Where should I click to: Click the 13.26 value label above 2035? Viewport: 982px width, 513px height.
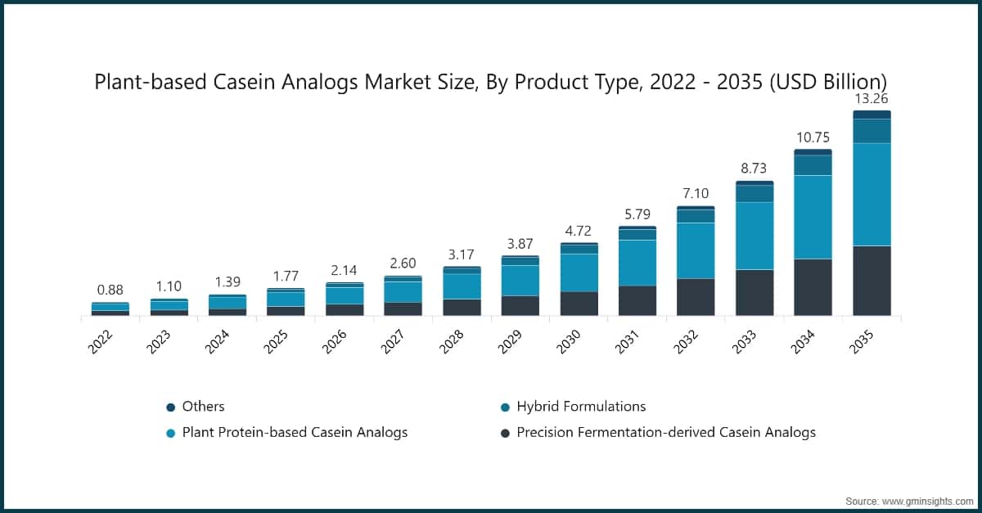click(x=872, y=99)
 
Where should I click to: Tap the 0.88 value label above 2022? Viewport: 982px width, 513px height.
click(x=110, y=290)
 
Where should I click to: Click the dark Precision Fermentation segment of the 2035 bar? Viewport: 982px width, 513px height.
click(x=872, y=280)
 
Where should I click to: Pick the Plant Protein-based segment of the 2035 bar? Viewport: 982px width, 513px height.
click(x=872, y=194)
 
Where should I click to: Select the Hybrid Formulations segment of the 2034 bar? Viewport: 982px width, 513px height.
click(x=813, y=164)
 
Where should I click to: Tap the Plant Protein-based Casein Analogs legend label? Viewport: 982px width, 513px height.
click(x=295, y=432)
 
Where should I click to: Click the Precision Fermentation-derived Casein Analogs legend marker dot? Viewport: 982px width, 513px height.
click(x=506, y=433)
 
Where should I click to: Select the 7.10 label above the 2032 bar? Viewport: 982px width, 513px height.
click(x=696, y=193)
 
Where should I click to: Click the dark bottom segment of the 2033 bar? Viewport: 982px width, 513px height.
click(x=755, y=292)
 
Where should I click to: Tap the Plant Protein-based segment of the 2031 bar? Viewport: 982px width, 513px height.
click(x=637, y=263)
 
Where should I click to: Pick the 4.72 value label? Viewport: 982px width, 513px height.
click(x=579, y=231)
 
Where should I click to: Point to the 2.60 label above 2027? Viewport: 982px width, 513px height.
click(x=402, y=263)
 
